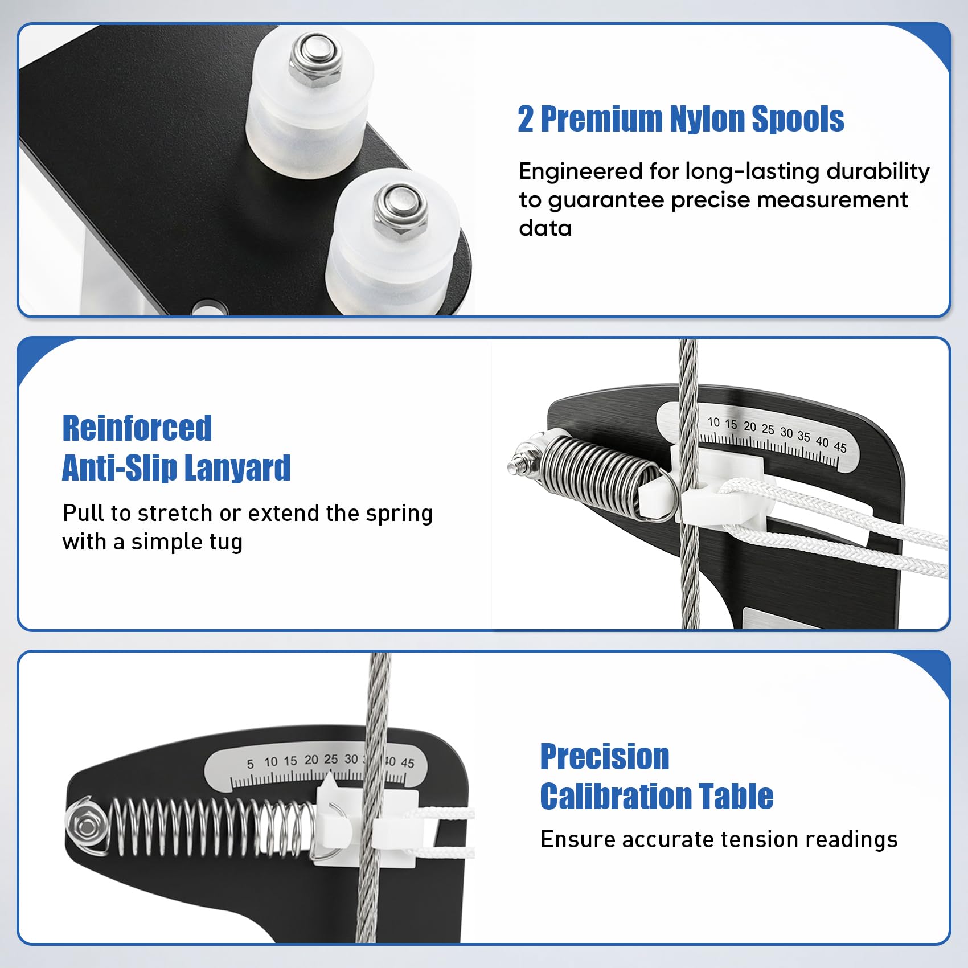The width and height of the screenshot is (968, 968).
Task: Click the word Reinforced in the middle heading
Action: (x=137, y=428)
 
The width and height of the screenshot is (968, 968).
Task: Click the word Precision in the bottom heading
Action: (x=605, y=757)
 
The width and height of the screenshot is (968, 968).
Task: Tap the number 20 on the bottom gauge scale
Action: (x=311, y=760)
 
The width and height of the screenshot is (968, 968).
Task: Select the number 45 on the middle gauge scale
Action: (x=840, y=447)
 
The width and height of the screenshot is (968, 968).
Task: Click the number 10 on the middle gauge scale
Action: (x=713, y=422)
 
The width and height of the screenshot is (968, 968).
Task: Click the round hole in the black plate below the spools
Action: (x=208, y=308)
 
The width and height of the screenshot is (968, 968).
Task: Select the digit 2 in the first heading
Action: (x=526, y=119)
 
